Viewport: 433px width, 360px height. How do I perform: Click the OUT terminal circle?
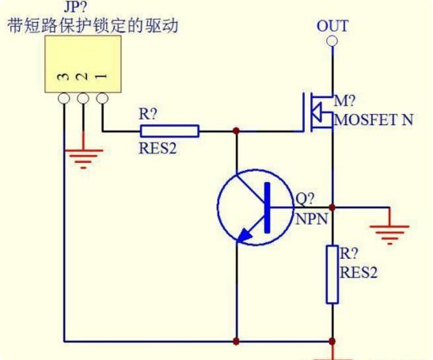332,41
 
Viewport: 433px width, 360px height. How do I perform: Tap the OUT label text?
332,26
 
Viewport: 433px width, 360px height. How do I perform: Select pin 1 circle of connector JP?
102,98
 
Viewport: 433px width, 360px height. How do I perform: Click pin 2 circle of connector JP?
83,98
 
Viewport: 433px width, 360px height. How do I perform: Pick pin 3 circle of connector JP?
64,98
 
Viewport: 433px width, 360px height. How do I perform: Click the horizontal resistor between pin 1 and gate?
169,131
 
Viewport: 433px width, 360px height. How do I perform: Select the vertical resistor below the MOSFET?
332,275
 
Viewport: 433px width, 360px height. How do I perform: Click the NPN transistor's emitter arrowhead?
245,236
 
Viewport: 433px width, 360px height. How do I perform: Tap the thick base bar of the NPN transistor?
267,207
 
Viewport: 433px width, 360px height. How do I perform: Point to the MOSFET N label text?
374,119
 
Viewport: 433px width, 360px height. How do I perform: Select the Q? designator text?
305,199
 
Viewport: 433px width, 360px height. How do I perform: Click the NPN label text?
312,219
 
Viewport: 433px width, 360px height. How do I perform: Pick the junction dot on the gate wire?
236,131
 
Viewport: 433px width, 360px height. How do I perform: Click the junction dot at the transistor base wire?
332,207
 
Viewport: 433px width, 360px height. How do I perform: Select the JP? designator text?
76,7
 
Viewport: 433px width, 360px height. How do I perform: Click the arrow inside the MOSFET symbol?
317,112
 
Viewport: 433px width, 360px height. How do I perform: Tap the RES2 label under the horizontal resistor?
158,148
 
